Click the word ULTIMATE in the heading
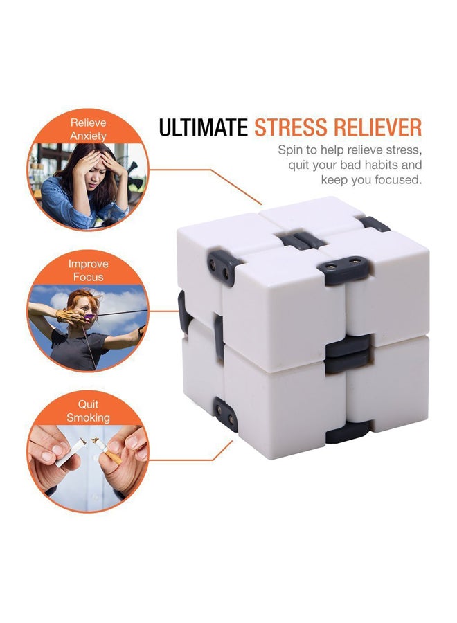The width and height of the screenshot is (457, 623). pos(203,128)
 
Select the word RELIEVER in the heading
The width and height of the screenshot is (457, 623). pos(378,128)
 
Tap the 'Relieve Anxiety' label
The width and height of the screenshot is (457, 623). pos(88,129)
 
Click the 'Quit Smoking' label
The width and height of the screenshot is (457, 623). pos(88,411)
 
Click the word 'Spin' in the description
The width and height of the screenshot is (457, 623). pos(290,150)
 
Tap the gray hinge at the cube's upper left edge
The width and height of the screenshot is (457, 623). pos(219,267)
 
